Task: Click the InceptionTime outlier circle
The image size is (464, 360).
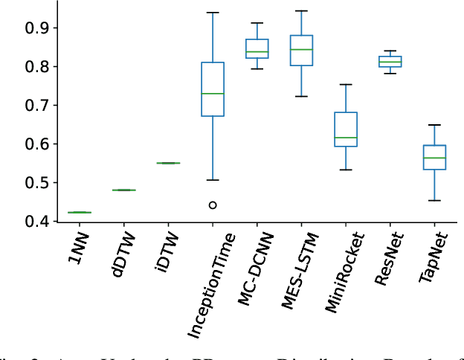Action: click(213, 205)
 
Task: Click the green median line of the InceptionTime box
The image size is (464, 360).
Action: click(213, 94)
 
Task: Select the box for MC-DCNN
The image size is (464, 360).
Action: click(257, 48)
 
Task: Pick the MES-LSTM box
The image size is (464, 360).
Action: click(301, 51)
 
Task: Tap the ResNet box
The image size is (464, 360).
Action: click(390, 61)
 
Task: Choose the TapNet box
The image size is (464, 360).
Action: click(434, 157)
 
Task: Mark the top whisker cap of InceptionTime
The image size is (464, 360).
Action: click(213, 13)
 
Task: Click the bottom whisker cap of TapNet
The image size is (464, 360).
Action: click(434, 200)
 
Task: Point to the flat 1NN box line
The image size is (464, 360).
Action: click(80, 212)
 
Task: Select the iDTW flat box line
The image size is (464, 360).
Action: click(168, 163)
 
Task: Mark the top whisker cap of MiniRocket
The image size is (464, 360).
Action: click(346, 84)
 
